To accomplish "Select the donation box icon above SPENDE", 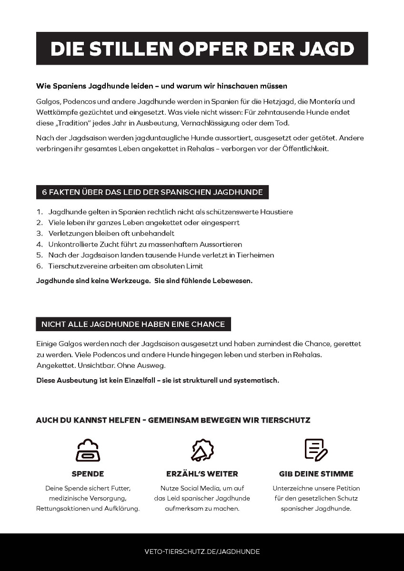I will [88, 450].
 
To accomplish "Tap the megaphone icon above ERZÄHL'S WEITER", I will [202, 450].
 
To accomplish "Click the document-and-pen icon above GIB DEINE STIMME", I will [316, 450].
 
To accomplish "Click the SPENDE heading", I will [88, 474].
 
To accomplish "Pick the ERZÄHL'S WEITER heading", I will [202, 474].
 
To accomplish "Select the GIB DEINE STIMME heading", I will [316, 474].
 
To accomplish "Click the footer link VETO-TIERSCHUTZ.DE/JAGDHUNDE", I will [202, 551].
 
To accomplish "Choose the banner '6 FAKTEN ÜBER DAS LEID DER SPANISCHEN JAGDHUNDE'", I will [152, 192].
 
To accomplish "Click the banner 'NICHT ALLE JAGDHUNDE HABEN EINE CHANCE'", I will [133, 324].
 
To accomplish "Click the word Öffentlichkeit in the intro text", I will [300, 148].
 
